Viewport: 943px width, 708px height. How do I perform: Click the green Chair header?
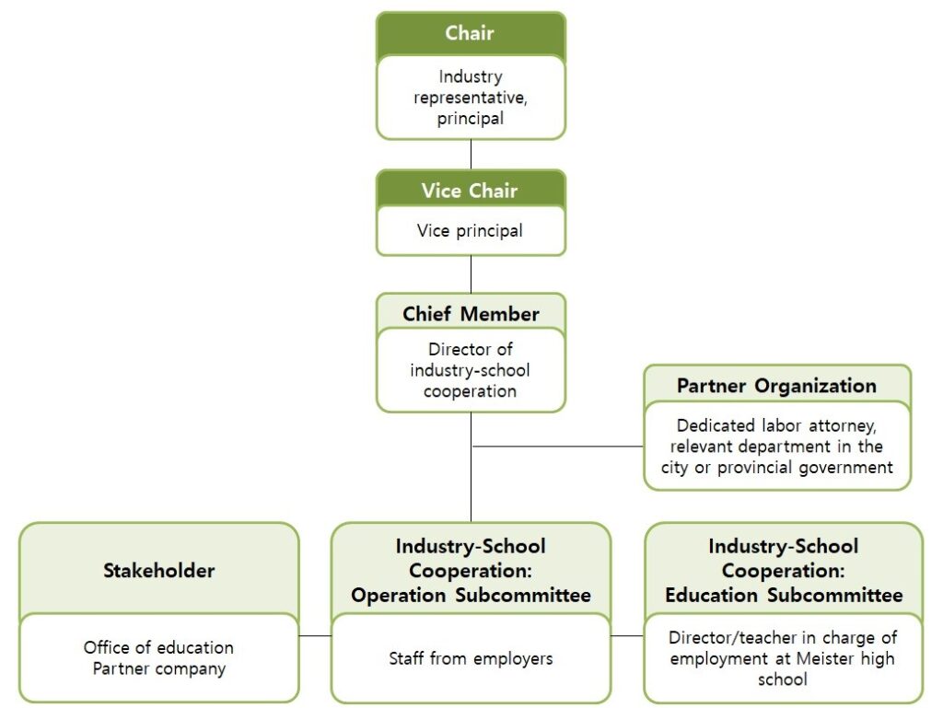point(470,33)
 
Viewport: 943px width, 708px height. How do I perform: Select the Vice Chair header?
point(470,191)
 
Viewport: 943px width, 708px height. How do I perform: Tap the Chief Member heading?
point(471,314)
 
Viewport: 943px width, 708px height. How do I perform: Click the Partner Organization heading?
point(776,386)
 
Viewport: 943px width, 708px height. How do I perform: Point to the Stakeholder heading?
point(158,570)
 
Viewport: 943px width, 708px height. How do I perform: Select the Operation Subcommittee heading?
point(471,571)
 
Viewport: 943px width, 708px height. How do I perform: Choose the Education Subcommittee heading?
point(784,571)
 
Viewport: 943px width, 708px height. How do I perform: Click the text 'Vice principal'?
point(470,230)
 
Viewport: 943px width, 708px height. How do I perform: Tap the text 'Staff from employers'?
point(471,658)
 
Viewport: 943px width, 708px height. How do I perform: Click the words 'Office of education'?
point(158,647)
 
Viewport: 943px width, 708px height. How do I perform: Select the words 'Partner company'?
point(158,668)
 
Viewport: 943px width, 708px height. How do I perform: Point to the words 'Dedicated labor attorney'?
point(776,426)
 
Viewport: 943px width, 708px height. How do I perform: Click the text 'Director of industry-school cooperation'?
point(470,370)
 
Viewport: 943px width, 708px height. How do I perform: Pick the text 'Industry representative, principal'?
point(470,98)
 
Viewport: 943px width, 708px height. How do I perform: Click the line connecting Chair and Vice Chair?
point(471,154)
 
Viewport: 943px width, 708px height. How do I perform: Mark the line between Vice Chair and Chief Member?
point(471,273)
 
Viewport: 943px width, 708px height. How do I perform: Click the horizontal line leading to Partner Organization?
point(557,447)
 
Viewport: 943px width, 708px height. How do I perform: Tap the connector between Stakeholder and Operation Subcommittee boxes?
point(315,635)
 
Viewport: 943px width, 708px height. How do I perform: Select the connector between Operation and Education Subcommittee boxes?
point(627,635)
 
